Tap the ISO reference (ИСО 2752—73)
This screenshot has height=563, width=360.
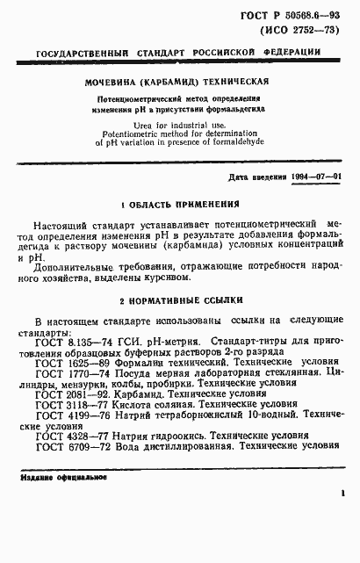pos(302,33)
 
